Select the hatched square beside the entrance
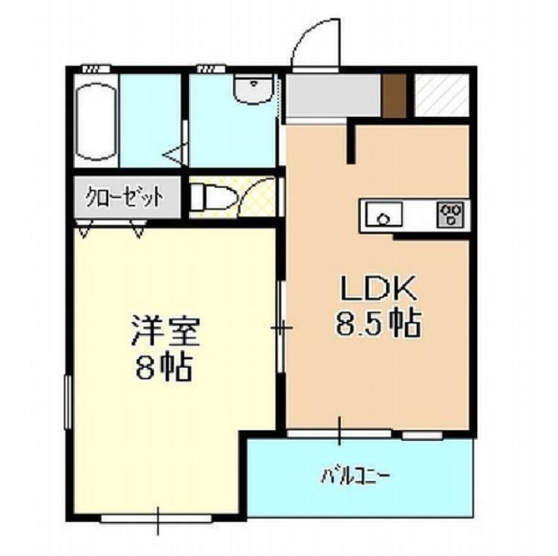441,94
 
